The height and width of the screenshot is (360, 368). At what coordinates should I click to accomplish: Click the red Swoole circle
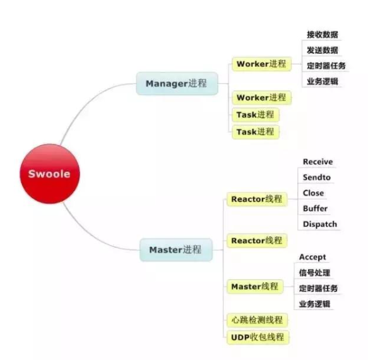pos(49,174)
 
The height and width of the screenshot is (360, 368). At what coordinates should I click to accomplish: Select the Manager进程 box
pos(177,83)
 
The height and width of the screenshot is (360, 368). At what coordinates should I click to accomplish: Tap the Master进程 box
pos(176,249)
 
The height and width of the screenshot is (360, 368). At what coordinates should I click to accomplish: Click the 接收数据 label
pos(322,35)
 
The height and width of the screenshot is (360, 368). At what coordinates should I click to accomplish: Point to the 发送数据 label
pos(322,50)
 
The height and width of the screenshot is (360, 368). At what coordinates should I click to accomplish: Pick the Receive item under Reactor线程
pos(318,162)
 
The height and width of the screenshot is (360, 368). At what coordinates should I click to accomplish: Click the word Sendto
pos(317,177)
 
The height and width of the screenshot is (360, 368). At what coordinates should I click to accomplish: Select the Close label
pos(313,193)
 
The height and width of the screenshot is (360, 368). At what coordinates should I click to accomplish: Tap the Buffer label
pos(315,208)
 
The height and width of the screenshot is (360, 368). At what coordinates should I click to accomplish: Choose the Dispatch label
pos(320,224)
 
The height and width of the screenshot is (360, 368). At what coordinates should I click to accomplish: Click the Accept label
pos(312,257)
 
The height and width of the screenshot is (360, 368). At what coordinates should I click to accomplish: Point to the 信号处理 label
pos(314,273)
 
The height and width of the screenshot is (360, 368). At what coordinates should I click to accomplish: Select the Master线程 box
pos(255,287)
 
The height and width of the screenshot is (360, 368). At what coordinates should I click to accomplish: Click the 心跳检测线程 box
pos(258,320)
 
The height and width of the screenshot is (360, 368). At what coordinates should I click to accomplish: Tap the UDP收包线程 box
pos(258,337)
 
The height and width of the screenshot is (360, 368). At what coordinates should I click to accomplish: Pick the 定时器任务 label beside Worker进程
pos(326,66)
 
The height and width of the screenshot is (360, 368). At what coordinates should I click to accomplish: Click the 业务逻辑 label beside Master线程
pos(314,304)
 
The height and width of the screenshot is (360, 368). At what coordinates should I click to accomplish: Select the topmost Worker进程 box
pos(261,64)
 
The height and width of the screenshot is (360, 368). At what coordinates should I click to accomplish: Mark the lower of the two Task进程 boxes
pos(256,132)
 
